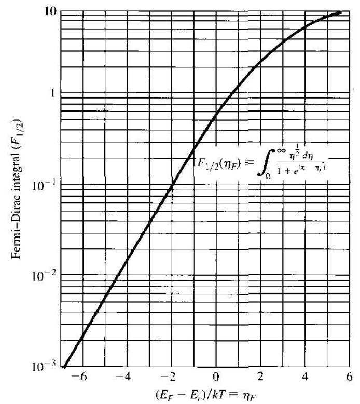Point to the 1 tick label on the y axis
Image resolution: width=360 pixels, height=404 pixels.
[51, 94]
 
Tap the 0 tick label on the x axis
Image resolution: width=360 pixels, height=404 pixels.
[216, 375]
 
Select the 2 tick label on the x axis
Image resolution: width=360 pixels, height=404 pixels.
[260, 375]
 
